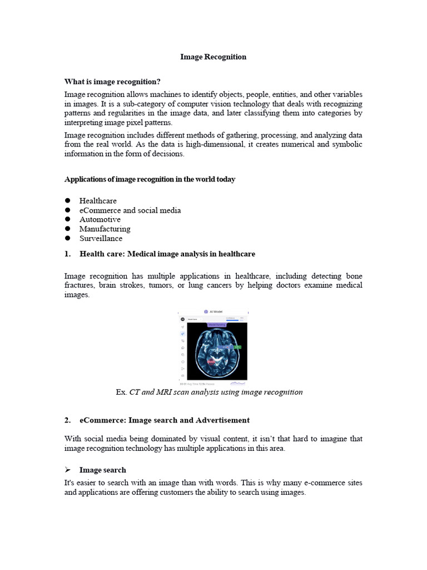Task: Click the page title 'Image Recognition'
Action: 213,57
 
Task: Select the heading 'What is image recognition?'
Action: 112,81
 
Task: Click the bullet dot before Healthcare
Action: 68,200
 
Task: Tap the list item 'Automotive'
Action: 100,219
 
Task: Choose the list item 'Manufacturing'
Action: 105,229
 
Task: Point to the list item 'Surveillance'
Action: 101,238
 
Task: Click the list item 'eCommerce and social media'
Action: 130,210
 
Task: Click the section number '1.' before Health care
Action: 68,254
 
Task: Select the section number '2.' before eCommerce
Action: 68,420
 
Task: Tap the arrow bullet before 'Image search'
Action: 68,470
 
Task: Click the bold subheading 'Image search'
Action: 102,470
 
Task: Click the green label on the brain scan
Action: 237,347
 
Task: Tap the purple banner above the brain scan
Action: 217,324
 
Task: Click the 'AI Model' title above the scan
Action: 216,312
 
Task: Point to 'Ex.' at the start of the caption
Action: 121,392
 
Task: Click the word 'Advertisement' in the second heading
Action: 222,420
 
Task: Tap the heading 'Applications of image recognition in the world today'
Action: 150,179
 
